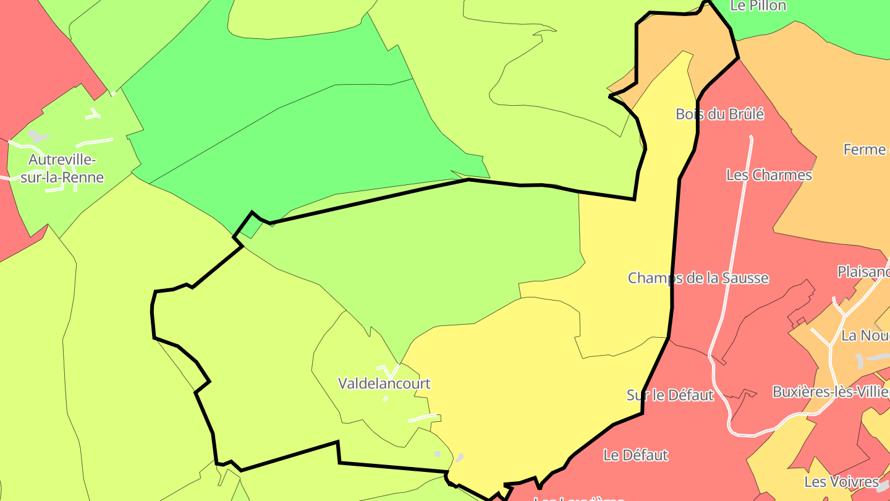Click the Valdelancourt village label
384,383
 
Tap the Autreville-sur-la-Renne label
62,169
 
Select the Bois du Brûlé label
720,114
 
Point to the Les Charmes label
769,175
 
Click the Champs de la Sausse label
698,278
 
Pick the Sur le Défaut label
670,395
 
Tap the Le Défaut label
635,455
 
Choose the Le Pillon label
758,6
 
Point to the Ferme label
864,150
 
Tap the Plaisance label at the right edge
863,272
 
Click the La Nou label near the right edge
865,336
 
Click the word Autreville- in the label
62,160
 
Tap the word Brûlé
747,114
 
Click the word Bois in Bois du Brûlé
689,114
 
